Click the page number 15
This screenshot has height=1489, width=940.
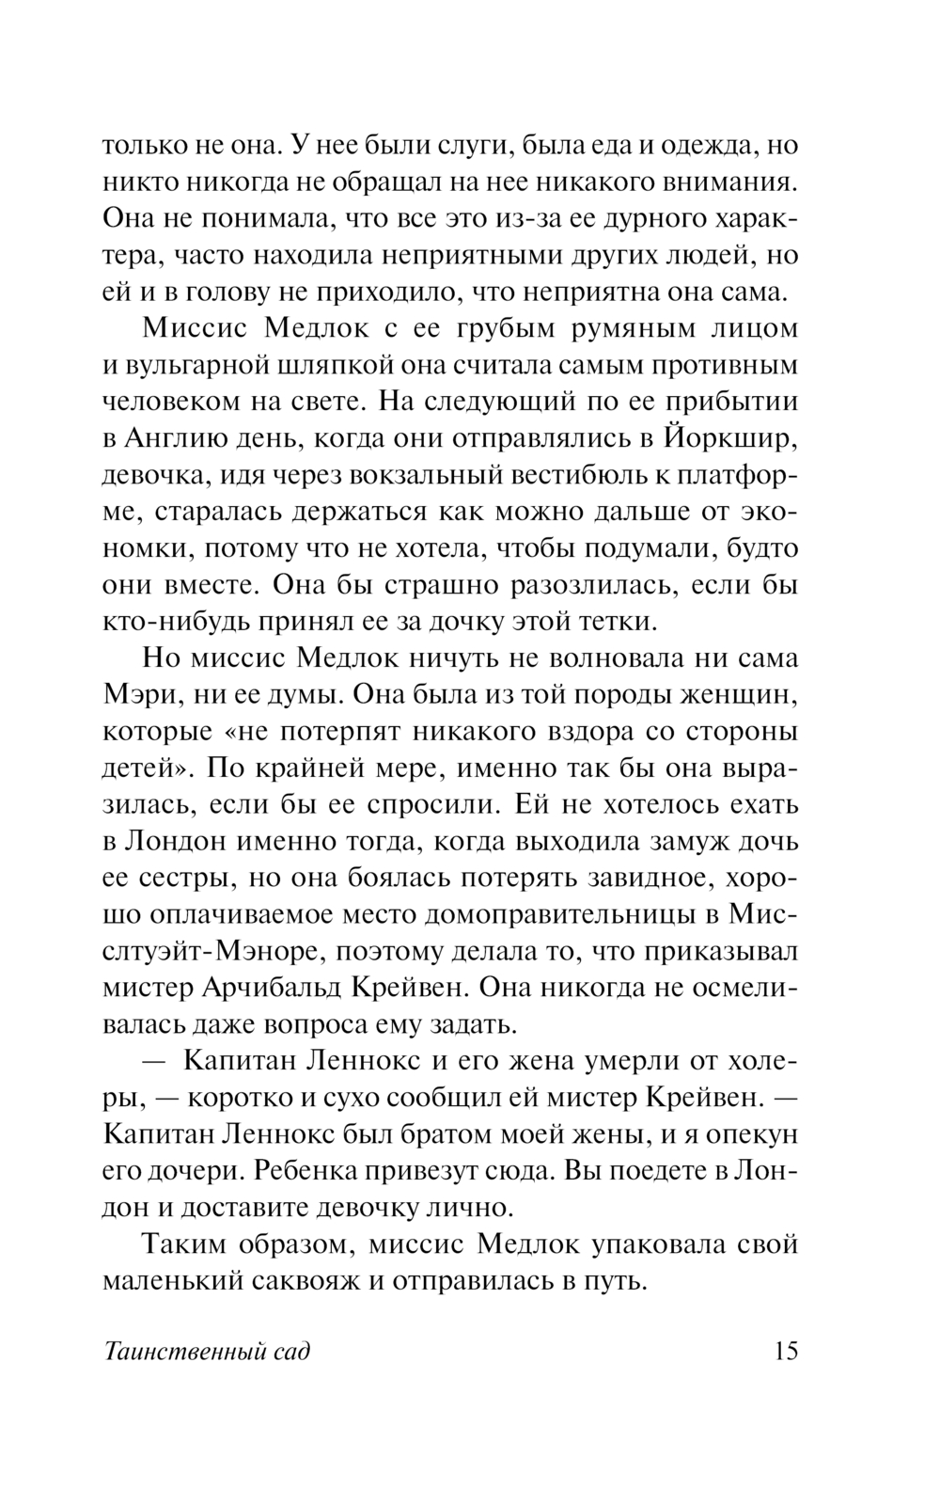[786, 1352]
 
